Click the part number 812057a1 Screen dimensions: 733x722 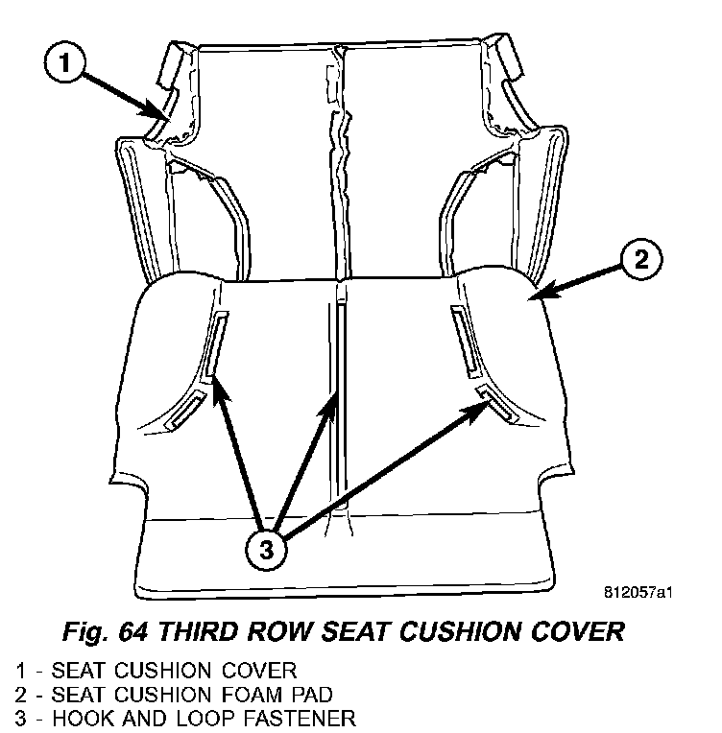638,592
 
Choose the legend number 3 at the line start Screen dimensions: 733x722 19,716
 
